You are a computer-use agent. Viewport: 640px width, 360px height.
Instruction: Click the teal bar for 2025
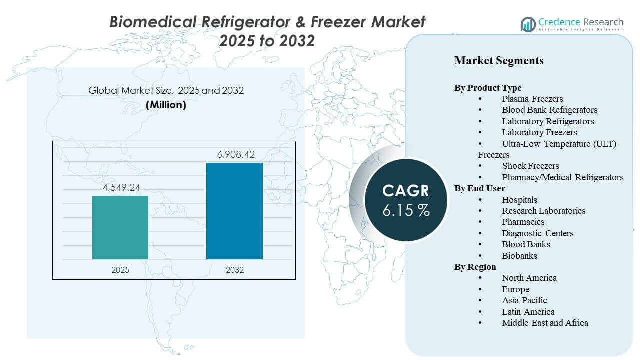click(120, 227)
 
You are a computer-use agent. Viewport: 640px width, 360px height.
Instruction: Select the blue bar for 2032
click(234, 211)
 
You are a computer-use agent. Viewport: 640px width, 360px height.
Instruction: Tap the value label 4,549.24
click(120, 188)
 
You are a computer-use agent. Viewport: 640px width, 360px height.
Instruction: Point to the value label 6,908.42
click(234, 155)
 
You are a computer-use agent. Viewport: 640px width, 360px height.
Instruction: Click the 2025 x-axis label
click(120, 270)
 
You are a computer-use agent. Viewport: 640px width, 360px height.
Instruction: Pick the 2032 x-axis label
click(234, 270)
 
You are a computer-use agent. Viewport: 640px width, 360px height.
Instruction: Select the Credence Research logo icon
click(528, 24)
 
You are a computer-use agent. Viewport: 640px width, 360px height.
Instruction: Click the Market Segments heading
click(499, 61)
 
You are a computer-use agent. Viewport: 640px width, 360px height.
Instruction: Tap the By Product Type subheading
click(488, 88)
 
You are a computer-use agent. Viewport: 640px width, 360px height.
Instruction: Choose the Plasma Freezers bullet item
click(532, 99)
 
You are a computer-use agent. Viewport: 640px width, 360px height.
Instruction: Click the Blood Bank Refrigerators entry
click(550, 110)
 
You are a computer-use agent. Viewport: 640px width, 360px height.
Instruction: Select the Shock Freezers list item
click(530, 166)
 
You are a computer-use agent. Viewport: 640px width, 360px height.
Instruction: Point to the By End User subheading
click(480, 188)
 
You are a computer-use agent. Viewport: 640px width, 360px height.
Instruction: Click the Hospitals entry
click(519, 200)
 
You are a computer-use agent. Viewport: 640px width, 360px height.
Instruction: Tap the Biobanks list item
click(519, 256)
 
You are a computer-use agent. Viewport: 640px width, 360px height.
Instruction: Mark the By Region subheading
click(475, 267)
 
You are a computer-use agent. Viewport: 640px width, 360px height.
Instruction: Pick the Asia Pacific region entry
click(524, 300)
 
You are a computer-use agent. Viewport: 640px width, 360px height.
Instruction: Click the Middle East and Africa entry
click(545, 323)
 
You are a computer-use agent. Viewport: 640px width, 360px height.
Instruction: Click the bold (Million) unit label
click(166, 105)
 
